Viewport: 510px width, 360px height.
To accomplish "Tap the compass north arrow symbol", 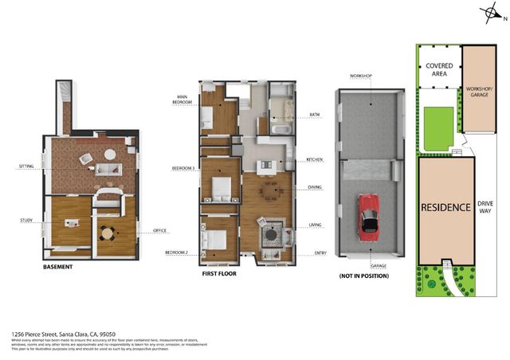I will tap(491, 14).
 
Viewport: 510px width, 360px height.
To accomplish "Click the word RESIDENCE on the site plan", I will tap(445, 207).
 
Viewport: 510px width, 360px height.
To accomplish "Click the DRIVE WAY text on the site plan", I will tap(484, 208).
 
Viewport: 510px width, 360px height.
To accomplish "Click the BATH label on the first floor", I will tap(314, 115).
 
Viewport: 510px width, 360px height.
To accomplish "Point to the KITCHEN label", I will tap(315, 160).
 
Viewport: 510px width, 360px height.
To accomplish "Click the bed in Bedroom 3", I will tap(220, 188).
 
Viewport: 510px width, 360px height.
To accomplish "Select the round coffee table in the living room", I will tap(272, 237).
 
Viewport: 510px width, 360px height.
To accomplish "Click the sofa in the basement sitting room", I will tap(108, 169).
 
